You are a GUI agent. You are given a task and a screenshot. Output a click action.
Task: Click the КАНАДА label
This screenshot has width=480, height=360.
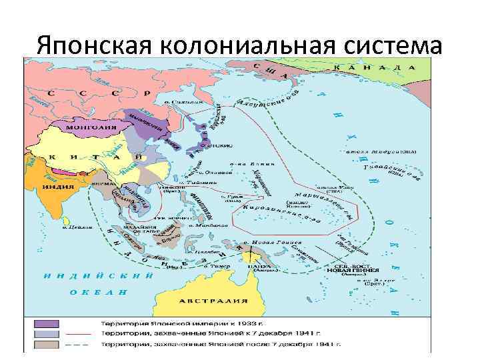point(376,68)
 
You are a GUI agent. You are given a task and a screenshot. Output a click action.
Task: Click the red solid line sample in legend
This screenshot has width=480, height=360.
point(80,334)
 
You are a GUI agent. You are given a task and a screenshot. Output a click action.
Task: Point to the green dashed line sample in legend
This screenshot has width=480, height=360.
point(80,345)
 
